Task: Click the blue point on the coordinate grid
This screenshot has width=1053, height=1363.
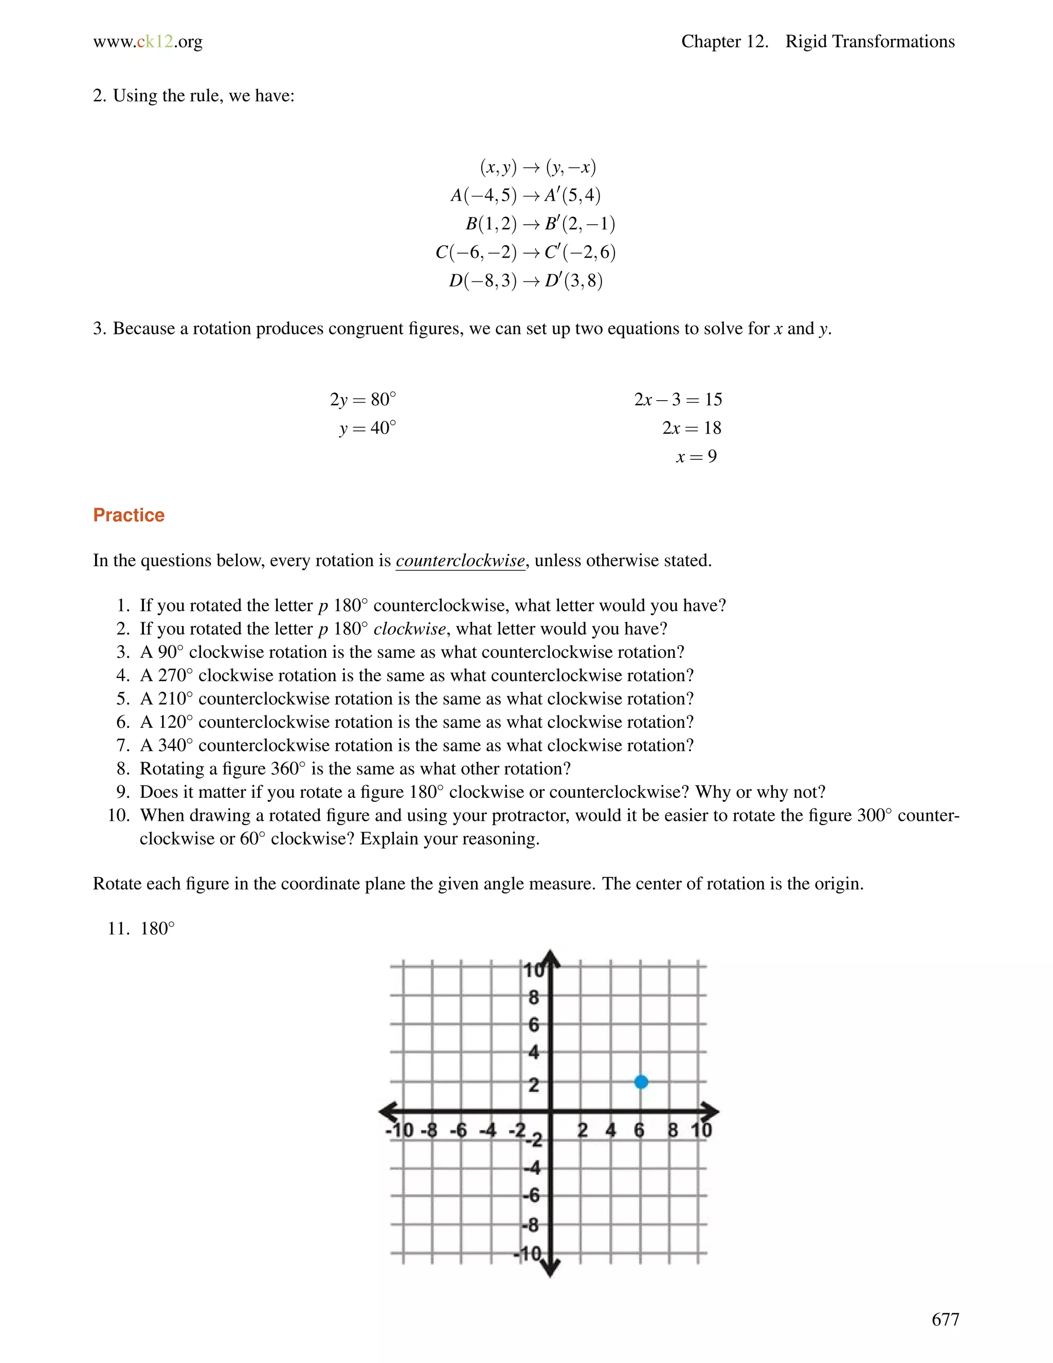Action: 641,1082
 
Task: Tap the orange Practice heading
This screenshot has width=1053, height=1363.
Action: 129,515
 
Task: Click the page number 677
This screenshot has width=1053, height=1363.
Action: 945,1319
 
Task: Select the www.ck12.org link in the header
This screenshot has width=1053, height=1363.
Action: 148,42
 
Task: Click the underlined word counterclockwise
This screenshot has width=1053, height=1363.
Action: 460,561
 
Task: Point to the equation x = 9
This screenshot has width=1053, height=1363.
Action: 696,457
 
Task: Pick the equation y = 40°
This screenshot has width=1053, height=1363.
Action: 368,428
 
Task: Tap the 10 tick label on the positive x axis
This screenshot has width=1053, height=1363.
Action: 701,1130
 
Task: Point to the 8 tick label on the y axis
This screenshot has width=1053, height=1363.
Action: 533,998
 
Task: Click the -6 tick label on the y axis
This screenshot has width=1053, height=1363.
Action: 531,1196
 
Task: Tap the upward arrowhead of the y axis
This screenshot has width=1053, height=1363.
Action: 550,958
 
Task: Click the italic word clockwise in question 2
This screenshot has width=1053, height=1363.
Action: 409,629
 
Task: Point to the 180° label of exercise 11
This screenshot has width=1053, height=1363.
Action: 157,928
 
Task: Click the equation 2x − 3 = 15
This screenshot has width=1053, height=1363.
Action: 678,400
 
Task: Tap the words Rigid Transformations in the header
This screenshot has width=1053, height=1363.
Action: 869,42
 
